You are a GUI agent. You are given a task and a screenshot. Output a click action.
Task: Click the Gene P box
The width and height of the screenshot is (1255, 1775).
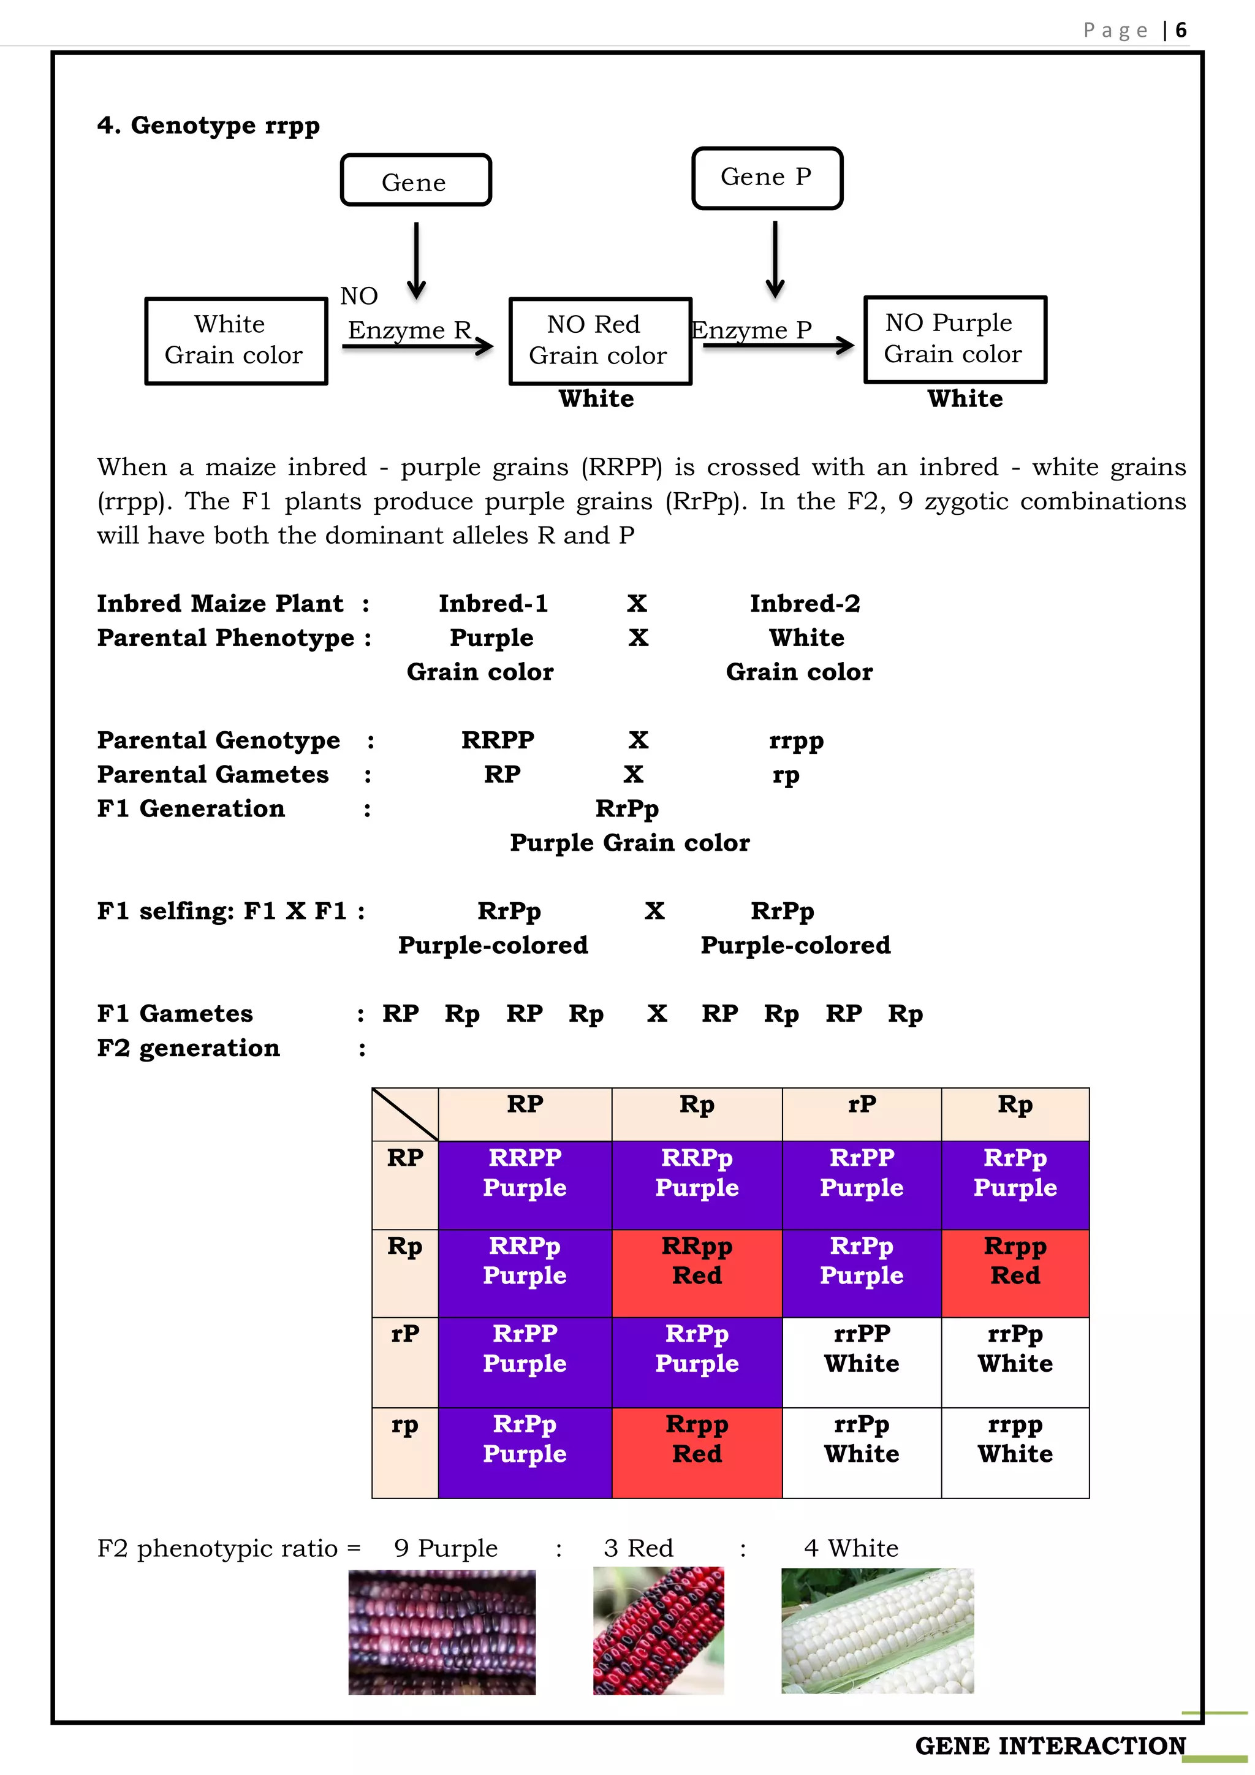click(x=767, y=178)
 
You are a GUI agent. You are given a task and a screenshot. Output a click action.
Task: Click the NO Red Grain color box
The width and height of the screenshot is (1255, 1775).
click(x=600, y=340)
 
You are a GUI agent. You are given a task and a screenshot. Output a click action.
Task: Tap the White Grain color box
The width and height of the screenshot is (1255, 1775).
click(x=236, y=340)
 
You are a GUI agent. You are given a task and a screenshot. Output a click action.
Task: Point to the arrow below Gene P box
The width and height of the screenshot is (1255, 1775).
click(x=775, y=259)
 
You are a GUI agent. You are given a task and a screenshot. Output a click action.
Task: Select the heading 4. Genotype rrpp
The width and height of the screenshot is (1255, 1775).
click(x=208, y=125)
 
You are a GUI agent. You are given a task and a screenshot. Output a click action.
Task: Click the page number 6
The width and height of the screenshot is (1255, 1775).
click(x=1181, y=30)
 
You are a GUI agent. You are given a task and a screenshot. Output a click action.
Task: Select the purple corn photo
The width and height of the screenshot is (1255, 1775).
click(x=441, y=1631)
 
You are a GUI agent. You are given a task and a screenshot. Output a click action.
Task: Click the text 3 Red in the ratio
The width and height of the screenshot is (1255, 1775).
click(x=639, y=1548)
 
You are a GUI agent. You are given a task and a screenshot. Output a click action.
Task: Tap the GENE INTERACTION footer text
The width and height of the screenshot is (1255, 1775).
click(x=1050, y=1745)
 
